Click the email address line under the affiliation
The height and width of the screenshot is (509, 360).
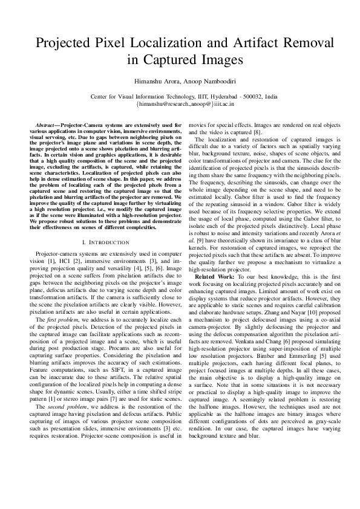tap(180, 103)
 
